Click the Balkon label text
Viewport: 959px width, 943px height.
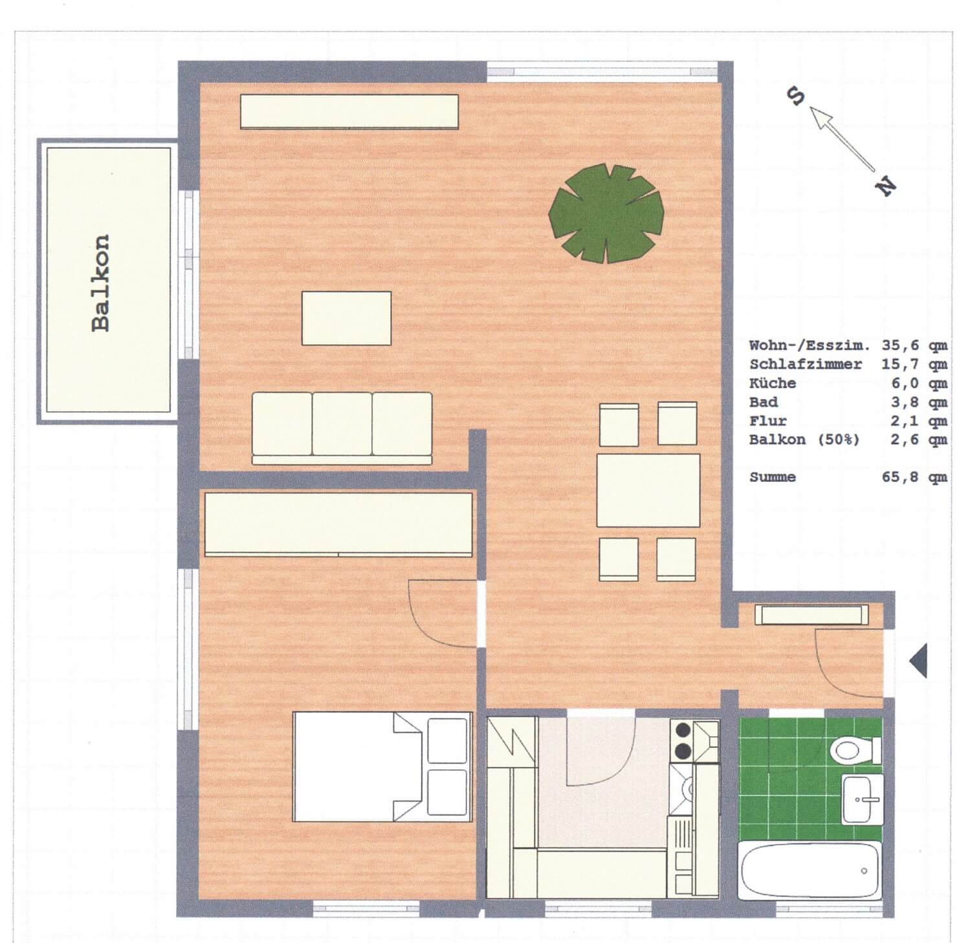(101, 283)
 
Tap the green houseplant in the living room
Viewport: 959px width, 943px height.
(606, 213)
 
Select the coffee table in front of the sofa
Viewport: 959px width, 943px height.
(346, 318)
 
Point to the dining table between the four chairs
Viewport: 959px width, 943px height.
(648, 490)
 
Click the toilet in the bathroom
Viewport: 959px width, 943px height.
(856, 750)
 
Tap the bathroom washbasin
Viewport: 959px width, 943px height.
(862, 799)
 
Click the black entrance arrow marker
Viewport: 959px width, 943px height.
(918, 661)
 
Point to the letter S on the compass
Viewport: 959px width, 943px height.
(795, 96)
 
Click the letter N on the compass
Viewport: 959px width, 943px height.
(886, 186)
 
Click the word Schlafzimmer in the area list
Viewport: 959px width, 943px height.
(805, 364)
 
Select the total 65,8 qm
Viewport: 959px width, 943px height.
(914, 477)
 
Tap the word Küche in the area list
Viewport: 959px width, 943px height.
(773, 383)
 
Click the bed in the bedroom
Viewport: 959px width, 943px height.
(382, 767)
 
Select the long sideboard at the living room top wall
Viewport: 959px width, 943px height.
(349, 112)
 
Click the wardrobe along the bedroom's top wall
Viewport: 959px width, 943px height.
(338, 525)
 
